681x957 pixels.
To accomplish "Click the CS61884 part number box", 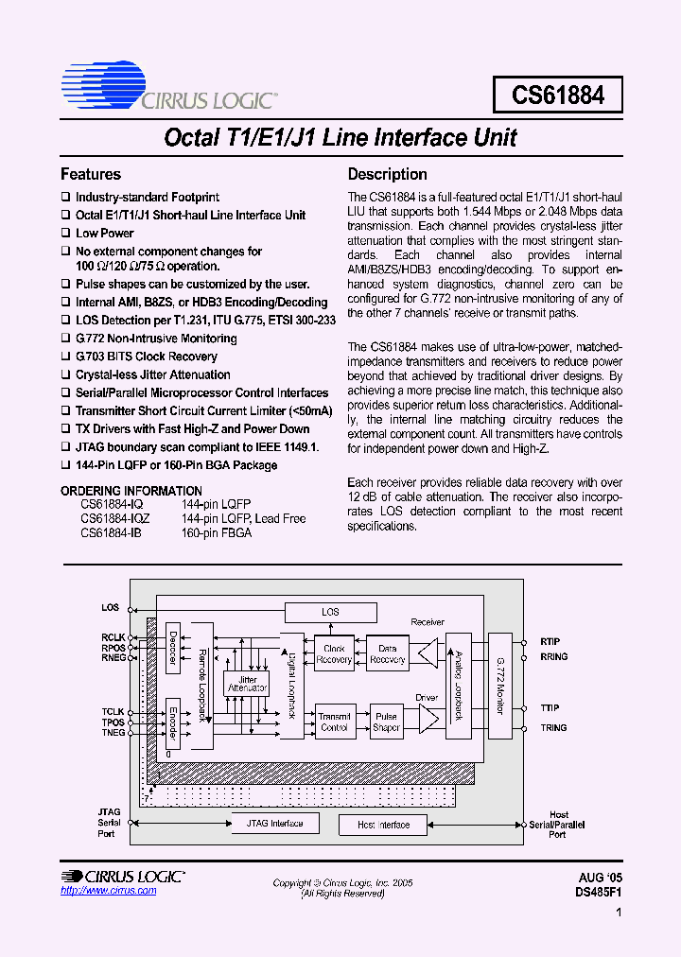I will (558, 95).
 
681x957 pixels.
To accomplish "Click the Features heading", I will (91, 174).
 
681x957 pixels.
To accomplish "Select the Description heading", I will (387, 174).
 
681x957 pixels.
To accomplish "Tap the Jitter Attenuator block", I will (247, 683).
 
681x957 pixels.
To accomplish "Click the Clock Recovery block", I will (334, 653).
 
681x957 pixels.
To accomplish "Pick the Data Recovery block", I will (386, 653).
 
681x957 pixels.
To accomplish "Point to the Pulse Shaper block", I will (386, 722).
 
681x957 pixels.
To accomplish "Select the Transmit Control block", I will (334, 722).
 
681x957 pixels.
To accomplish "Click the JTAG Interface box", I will (274, 823).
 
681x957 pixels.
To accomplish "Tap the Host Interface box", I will (383, 825).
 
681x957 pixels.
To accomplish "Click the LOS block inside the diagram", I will (330, 612).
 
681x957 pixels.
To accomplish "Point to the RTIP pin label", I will (550, 640).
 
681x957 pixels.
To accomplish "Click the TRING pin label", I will (553, 727).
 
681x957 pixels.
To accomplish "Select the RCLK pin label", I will (113, 637).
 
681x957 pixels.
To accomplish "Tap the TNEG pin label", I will (113, 733).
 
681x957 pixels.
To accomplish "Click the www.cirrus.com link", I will (108, 891).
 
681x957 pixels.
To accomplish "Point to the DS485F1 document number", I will (598, 891).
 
